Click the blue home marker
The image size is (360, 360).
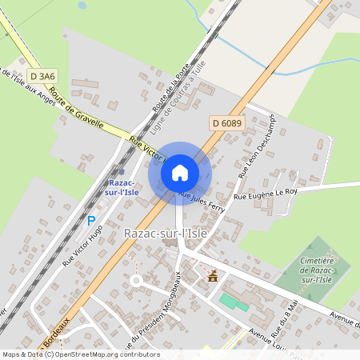click(x=180, y=173)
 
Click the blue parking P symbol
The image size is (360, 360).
click(x=91, y=220)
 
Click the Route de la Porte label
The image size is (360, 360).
click(x=165, y=93)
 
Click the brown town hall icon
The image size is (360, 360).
click(x=213, y=277)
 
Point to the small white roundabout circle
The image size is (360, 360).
click(x=136, y=281)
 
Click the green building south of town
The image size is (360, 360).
click(x=234, y=302)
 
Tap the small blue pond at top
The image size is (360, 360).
click(x=82, y=5)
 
